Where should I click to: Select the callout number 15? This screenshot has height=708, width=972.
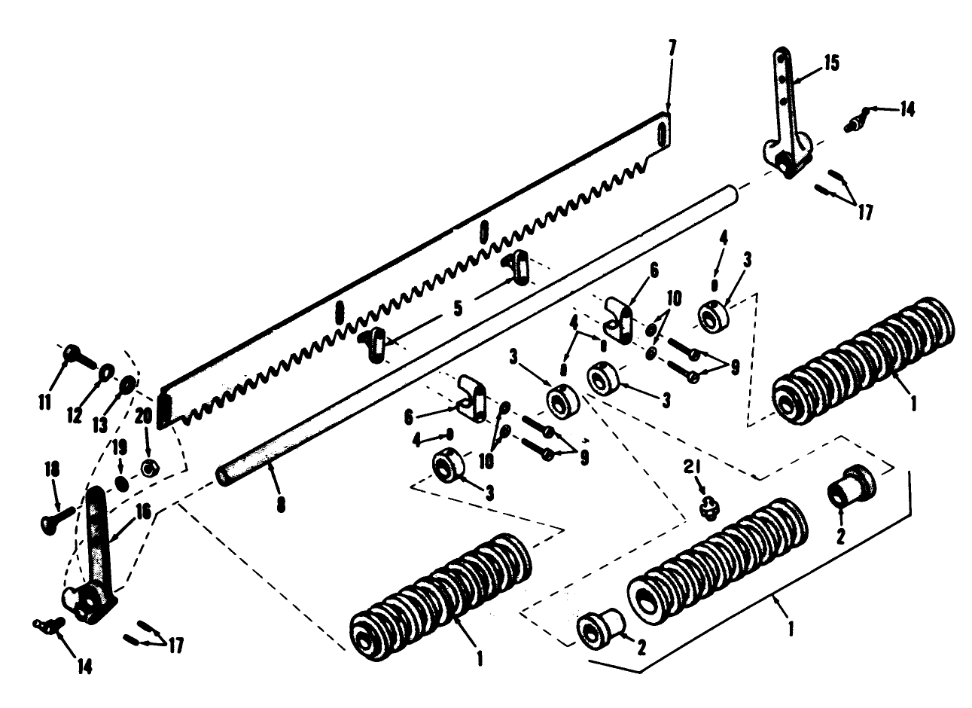coord(832,62)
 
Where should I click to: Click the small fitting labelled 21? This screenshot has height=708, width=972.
coord(707,510)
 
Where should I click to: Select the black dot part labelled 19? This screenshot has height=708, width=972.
coord(120,483)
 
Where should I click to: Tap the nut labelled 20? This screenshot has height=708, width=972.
coord(149,468)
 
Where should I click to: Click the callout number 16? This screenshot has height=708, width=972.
coord(143,514)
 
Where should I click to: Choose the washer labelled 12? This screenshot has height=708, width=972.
coord(106,370)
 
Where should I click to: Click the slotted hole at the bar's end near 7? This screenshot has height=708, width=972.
coord(661,134)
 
